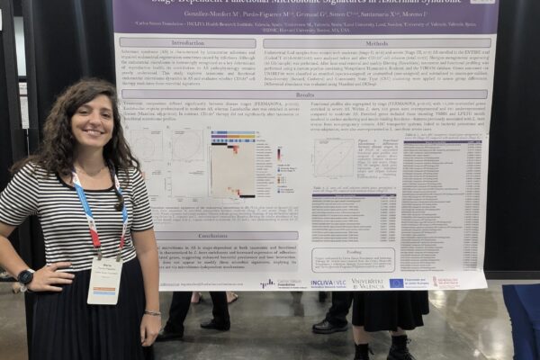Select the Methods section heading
(x=377, y=42)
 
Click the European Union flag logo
(x=396, y=283)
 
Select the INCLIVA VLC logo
(x=328, y=283)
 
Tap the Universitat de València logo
(x=366, y=283)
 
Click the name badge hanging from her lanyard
(x=104, y=280)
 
